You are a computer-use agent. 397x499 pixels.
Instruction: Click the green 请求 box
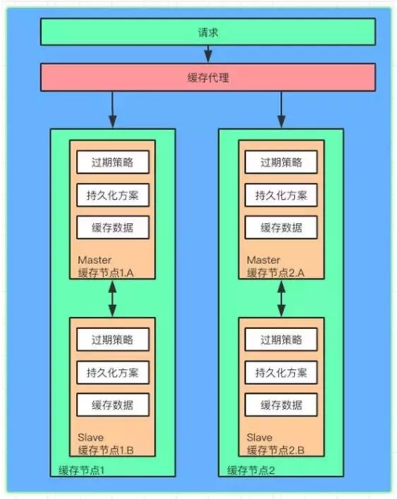pyautogui.click(x=208, y=32)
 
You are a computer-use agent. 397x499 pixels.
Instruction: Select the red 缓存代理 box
pyautogui.click(x=208, y=78)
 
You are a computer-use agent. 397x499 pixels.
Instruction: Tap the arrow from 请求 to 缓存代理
pyautogui.click(x=209, y=54)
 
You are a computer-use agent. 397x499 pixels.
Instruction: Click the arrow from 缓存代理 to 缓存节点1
pyautogui.click(x=112, y=110)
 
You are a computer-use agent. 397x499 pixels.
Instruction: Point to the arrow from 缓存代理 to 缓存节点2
pyautogui.click(x=282, y=110)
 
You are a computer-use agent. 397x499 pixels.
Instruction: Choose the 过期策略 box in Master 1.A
pyautogui.click(x=112, y=163)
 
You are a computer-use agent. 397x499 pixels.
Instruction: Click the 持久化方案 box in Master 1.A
pyautogui.click(x=112, y=195)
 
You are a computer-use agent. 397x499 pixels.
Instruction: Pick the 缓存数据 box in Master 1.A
pyautogui.click(x=112, y=227)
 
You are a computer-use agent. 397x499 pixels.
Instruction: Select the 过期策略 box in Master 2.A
pyautogui.click(x=281, y=163)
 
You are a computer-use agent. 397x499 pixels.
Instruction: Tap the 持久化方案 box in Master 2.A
pyautogui.click(x=281, y=195)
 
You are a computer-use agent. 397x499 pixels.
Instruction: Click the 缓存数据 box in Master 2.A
pyautogui.click(x=281, y=227)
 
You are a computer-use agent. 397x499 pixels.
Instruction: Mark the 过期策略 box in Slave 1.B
pyautogui.click(x=112, y=339)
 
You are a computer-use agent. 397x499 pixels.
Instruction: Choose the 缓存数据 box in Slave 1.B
pyautogui.click(x=112, y=405)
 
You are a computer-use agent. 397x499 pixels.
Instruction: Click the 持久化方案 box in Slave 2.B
pyautogui.click(x=281, y=372)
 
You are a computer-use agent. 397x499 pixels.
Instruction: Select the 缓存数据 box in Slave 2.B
pyautogui.click(x=281, y=405)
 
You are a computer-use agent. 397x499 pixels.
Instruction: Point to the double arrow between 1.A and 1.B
pyautogui.click(x=112, y=298)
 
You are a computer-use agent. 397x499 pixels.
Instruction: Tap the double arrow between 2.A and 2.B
pyautogui.click(x=282, y=298)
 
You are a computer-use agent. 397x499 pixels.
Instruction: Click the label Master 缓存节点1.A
pyautogui.click(x=106, y=266)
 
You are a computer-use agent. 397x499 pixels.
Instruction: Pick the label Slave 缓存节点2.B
pyautogui.click(x=276, y=444)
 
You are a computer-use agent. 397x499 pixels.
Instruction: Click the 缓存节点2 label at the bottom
pyautogui.click(x=251, y=471)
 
